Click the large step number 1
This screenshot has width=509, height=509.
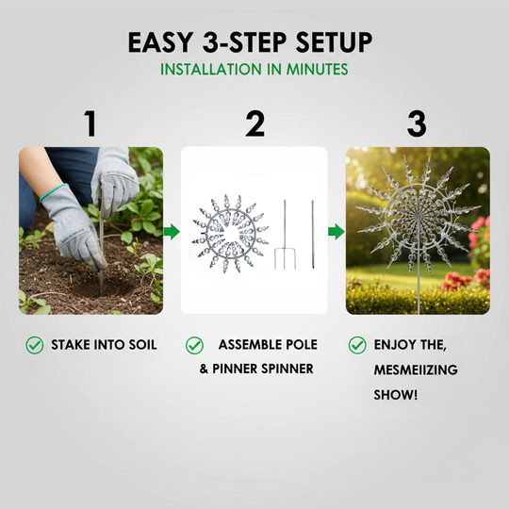90,123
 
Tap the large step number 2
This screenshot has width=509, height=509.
255,123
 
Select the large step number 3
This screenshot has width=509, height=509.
417,123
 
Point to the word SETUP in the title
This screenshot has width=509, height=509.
334,42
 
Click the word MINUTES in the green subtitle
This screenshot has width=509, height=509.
317,69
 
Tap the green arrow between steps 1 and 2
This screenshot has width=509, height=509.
172,232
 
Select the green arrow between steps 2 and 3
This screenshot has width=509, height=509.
337,232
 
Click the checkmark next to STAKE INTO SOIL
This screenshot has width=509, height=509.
35,345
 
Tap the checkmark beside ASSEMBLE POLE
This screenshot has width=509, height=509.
194,345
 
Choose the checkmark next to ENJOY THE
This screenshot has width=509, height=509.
357,345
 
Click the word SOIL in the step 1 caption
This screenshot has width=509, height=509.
142,345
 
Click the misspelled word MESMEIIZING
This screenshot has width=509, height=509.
416,369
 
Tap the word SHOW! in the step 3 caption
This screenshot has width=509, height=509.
395,395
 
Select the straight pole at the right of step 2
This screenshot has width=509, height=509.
313,235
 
